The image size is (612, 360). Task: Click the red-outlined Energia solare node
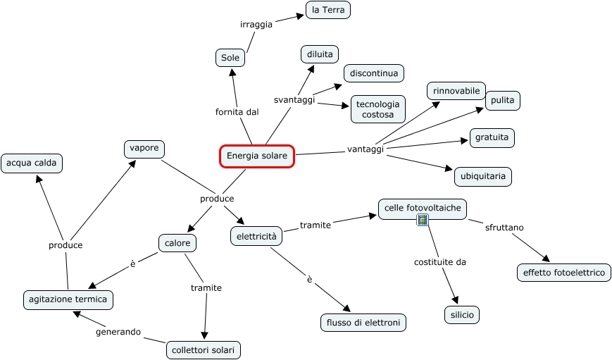click(256, 156)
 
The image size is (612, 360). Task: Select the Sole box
click(230, 58)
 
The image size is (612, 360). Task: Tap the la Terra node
click(327, 10)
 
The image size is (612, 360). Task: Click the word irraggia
click(256, 25)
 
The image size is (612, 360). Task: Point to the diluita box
click(320, 54)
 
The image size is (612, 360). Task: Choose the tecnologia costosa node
click(377, 109)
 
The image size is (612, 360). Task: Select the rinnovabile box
click(456, 91)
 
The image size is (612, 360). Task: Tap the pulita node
click(502, 101)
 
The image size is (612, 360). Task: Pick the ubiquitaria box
click(482, 176)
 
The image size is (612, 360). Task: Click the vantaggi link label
click(366, 149)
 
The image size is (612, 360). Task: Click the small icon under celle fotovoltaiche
click(423, 221)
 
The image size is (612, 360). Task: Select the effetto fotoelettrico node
click(563, 273)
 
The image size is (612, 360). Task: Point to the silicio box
click(462, 315)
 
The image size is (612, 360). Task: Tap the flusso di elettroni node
click(363, 323)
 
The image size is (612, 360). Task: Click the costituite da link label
click(439, 262)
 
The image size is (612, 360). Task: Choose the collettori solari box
click(204, 349)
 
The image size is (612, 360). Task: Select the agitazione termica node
click(68, 299)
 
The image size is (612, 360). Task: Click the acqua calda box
click(32, 163)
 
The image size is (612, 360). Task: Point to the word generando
click(118, 331)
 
